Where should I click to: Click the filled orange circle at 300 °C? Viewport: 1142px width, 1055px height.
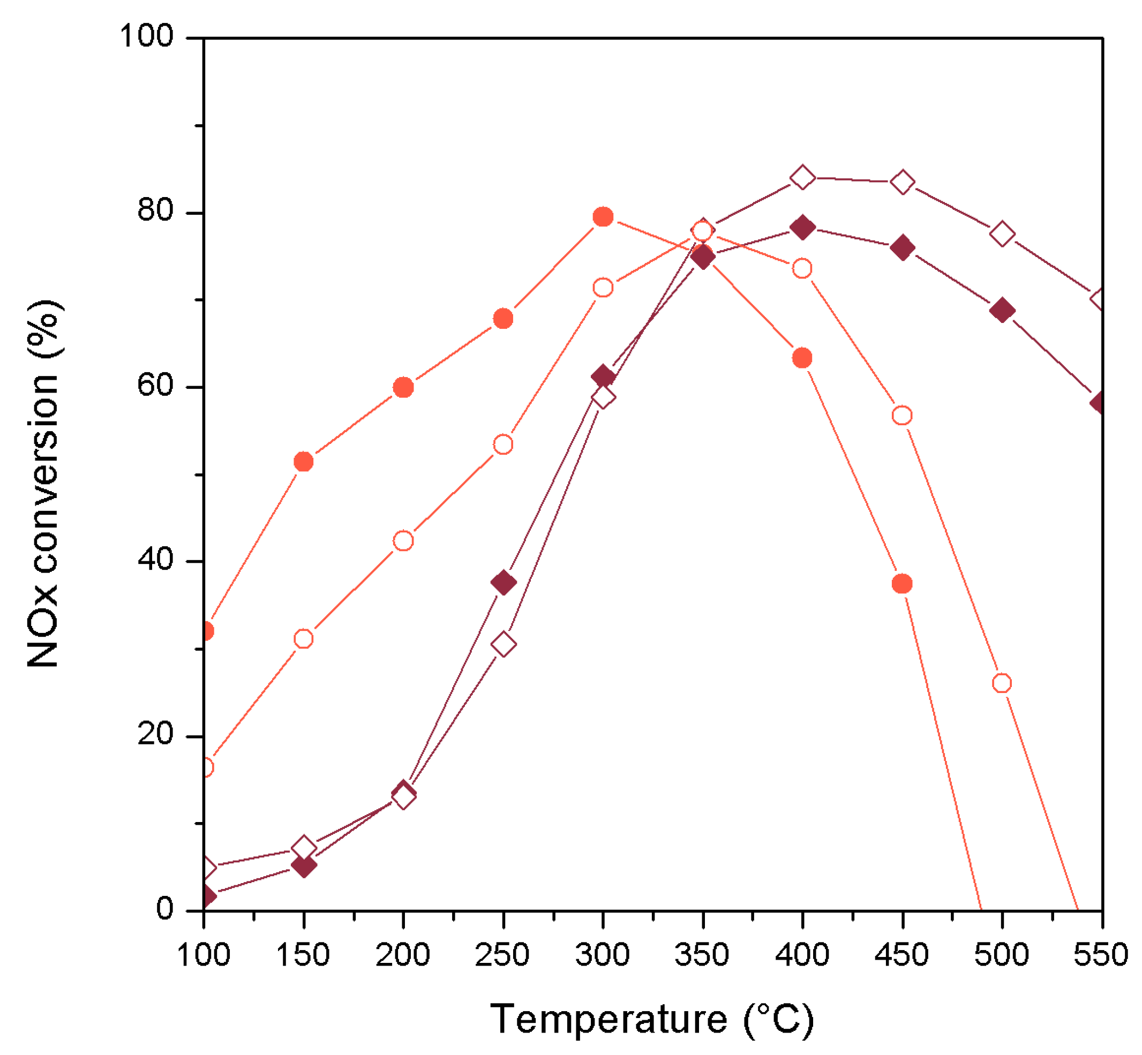click(603, 217)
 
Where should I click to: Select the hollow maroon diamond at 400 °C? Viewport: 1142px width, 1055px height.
click(802, 178)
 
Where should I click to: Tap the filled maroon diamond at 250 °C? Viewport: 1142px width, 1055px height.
click(503, 583)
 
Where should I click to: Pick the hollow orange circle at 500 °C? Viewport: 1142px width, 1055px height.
click(1002, 683)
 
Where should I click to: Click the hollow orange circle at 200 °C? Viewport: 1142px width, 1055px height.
click(403, 541)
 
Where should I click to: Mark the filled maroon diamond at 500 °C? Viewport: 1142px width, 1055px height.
click(1002, 311)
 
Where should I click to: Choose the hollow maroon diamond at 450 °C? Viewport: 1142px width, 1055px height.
click(902, 183)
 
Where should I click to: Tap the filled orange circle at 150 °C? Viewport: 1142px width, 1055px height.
click(303, 462)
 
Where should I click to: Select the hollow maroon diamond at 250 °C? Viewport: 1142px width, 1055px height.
click(503, 645)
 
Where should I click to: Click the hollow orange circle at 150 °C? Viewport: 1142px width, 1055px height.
click(303, 639)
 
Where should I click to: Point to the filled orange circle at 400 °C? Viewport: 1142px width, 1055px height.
click(802, 358)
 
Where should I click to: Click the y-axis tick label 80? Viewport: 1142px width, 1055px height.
click(155, 210)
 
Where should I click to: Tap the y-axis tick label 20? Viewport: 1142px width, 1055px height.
click(155, 734)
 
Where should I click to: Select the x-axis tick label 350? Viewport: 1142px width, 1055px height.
click(702, 954)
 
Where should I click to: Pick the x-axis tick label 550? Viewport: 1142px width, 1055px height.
click(1100, 954)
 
